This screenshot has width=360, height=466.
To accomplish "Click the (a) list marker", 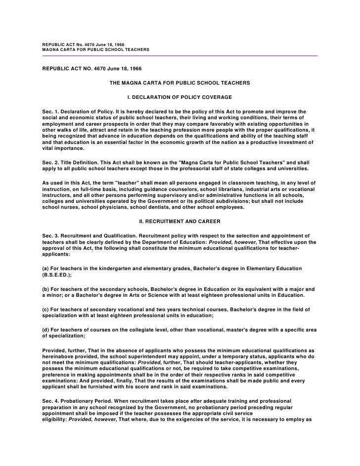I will pos(46,268).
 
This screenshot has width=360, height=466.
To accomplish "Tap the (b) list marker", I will pos(46,288).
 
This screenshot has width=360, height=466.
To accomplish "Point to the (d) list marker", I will pos(46,329).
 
